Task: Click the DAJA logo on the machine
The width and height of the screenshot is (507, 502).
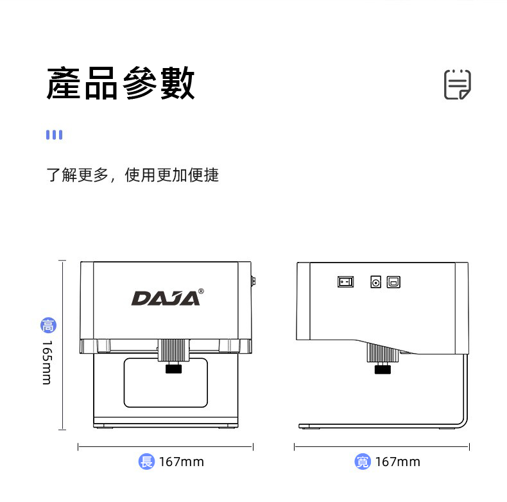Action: coord(166,299)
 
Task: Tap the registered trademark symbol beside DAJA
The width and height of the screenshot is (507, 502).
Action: coord(201,291)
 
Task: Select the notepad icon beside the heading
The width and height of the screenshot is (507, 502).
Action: coord(457,85)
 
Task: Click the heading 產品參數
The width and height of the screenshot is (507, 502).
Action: coord(121,83)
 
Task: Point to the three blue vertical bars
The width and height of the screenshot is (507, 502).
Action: coord(54,135)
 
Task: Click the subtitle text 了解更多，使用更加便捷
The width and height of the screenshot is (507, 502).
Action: coord(133,175)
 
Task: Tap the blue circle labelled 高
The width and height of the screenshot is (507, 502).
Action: coord(49,325)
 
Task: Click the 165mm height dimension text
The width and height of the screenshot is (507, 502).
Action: coord(47,362)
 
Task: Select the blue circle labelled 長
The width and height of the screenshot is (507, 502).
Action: coord(146,462)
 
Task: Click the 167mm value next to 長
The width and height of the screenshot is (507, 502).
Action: coord(182,462)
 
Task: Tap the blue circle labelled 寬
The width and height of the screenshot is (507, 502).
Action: coord(363,462)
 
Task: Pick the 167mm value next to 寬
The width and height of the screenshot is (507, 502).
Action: coord(398,462)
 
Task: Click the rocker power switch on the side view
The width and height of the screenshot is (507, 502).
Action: coord(345,282)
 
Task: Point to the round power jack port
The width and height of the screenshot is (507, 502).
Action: coord(375,282)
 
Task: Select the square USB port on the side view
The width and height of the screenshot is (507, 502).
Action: coord(393,282)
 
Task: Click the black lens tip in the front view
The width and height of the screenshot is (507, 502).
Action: coord(174,368)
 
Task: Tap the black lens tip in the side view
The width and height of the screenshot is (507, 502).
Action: coord(382,369)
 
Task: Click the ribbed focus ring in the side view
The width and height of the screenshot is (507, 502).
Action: coord(383,353)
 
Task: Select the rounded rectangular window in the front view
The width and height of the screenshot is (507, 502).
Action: coord(166,383)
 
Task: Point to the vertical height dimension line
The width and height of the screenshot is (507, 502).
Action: coord(62,345)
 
